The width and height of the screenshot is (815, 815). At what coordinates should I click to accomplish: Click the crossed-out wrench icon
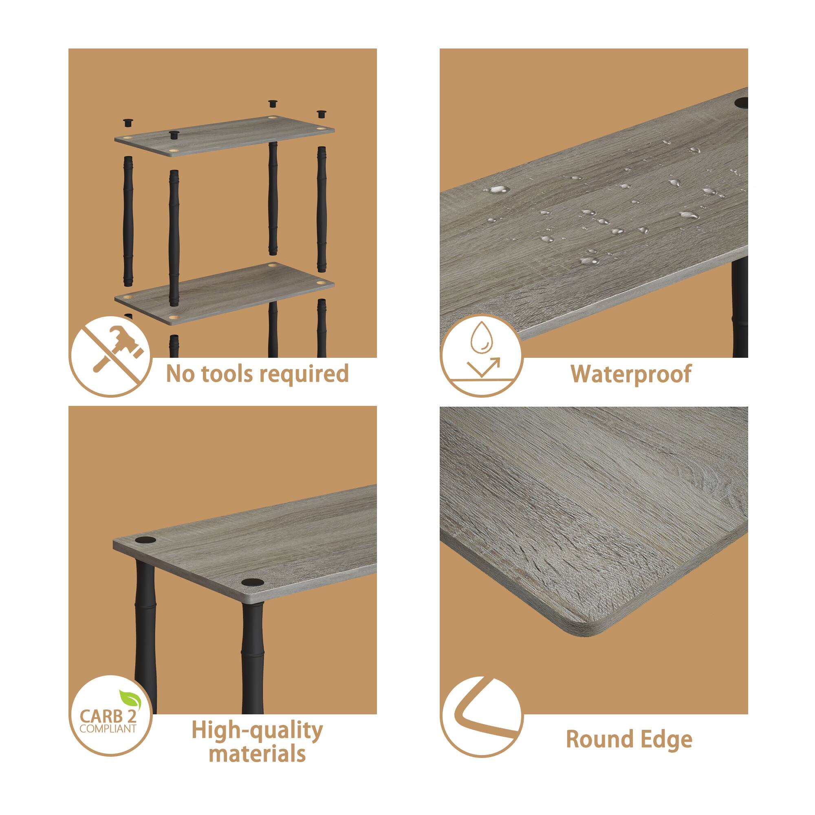pyautogui.click(x=110, y=356)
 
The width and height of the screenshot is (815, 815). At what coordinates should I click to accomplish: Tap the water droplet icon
pyautogui.click(x=481, y=356)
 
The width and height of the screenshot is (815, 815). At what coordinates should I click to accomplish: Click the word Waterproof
pyautogui.click(x=631, y=374)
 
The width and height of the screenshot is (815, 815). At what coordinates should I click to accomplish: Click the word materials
pyautogui.click(x=257, y=754)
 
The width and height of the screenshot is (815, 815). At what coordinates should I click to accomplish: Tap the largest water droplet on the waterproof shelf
pyautogui.click(x=498, y=189)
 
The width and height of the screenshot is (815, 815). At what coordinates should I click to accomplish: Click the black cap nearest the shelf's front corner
pyautogui.click(x=252, y=584)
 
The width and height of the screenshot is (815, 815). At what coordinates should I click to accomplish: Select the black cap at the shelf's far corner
pyautogui.click(x=144, y=540)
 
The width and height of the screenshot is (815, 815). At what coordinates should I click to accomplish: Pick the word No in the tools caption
pyautogui.click(x=177, y=374)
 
